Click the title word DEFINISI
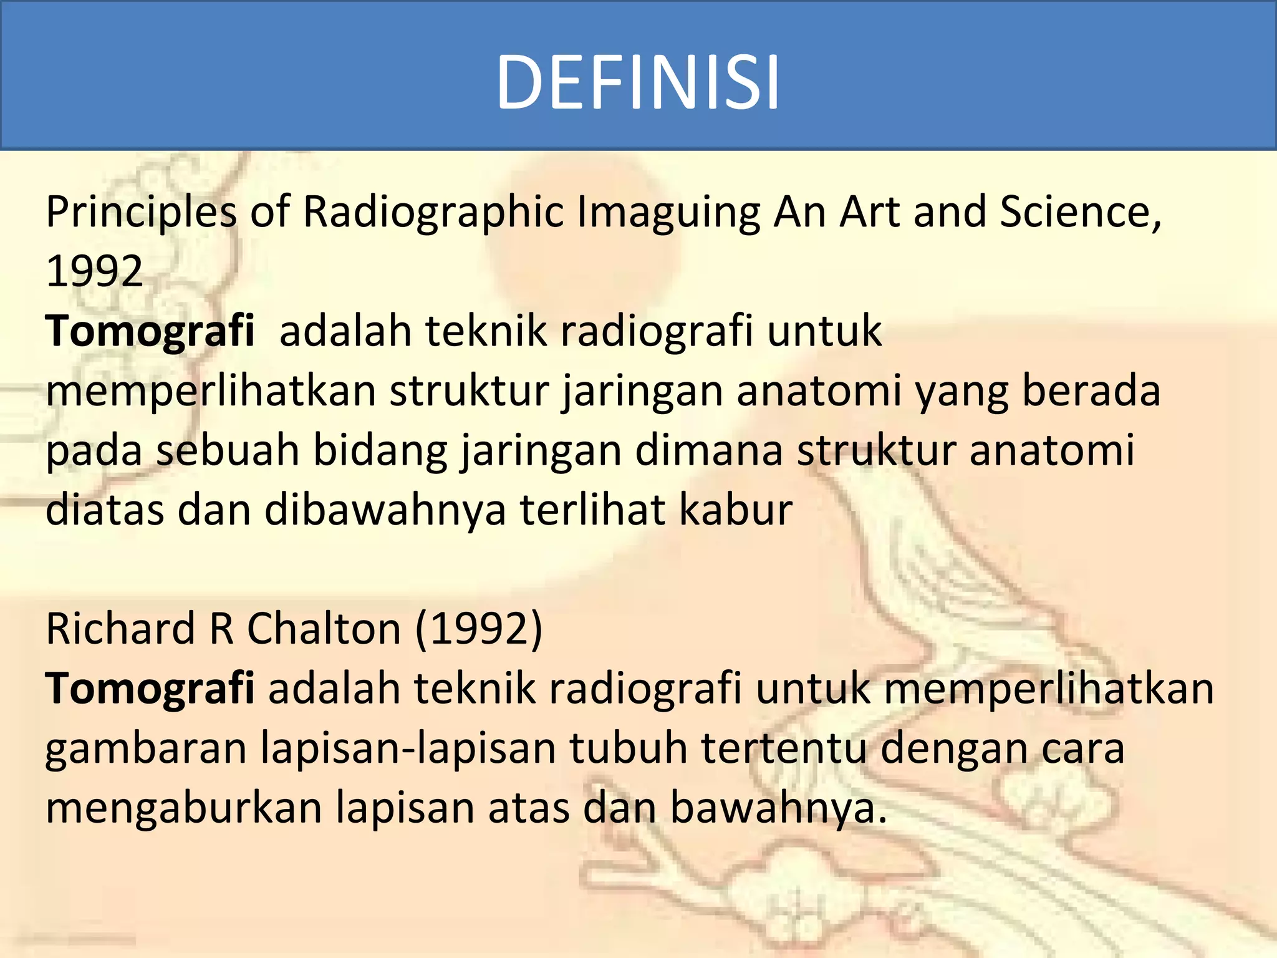point(637,82)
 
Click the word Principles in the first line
point(141,212)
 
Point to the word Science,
point(1081,212)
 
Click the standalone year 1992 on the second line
point(95,272)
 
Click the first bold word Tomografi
point(150,331)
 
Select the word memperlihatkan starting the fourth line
point(211,390)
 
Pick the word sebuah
point(228,450)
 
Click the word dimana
point(708,450)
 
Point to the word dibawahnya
point(385,510)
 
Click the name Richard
point(120,629)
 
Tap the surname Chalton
point(324,629)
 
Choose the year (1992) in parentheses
point(479,629)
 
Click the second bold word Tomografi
point(150,689)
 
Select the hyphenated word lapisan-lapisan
point(408,748)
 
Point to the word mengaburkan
point(184,808)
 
